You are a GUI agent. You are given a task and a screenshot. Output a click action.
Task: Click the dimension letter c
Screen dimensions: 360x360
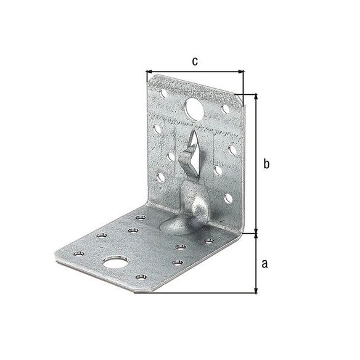tap(195, 62)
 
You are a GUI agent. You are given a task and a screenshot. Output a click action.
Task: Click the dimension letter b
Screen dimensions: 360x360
tap(266, 164)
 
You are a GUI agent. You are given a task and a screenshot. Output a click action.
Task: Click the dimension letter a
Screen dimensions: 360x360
tap(264, 264)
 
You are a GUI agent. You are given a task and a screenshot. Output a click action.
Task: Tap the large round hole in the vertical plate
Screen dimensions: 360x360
tap(194, 108)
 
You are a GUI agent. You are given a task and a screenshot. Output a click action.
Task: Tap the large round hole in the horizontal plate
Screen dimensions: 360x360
tap(115, 262)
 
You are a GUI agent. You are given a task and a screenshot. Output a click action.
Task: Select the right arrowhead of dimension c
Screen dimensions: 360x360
tap(241, 72)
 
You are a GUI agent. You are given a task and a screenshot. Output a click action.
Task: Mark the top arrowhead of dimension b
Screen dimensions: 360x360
tap(256, 97)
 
